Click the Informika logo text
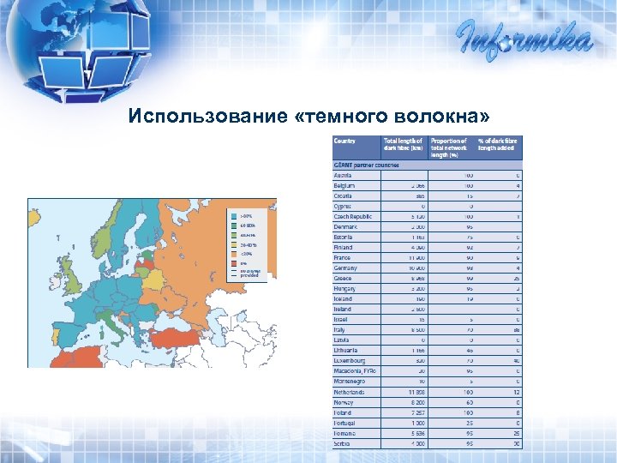524,38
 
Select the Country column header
345,141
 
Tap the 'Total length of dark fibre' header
404,145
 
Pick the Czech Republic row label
353,216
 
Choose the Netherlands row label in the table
349,392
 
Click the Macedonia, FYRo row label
355,371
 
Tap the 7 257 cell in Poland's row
415,412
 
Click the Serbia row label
343,443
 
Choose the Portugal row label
345,423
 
